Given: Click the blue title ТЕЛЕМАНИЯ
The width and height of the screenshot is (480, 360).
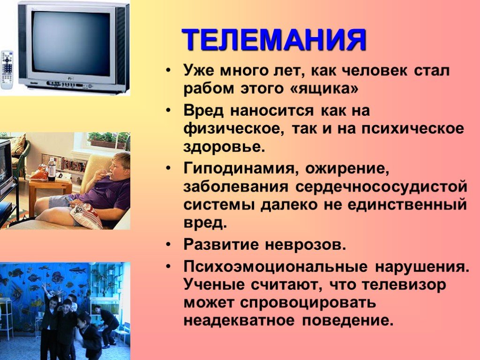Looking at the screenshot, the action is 274,39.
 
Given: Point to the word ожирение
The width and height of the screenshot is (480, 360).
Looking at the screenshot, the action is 347,169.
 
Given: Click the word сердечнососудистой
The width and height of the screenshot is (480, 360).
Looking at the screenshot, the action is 382,187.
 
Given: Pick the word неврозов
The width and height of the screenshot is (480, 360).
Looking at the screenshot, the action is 305,245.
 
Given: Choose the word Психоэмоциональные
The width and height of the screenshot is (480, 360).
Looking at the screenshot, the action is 276,267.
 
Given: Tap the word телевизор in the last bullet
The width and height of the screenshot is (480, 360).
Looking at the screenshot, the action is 404,285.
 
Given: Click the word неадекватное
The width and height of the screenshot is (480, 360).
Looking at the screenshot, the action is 239,321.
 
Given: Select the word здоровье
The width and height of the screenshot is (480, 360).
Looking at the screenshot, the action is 224,147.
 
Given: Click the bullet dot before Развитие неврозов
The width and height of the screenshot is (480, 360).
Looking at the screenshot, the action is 168,245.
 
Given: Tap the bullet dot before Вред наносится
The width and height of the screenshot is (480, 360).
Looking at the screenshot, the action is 168,111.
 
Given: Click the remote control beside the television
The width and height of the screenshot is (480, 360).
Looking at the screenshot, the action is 7,70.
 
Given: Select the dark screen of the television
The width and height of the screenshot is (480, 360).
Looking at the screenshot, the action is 71,42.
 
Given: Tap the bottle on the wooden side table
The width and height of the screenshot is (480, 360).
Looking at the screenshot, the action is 52,169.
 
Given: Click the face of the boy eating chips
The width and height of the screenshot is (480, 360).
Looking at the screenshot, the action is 118,167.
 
